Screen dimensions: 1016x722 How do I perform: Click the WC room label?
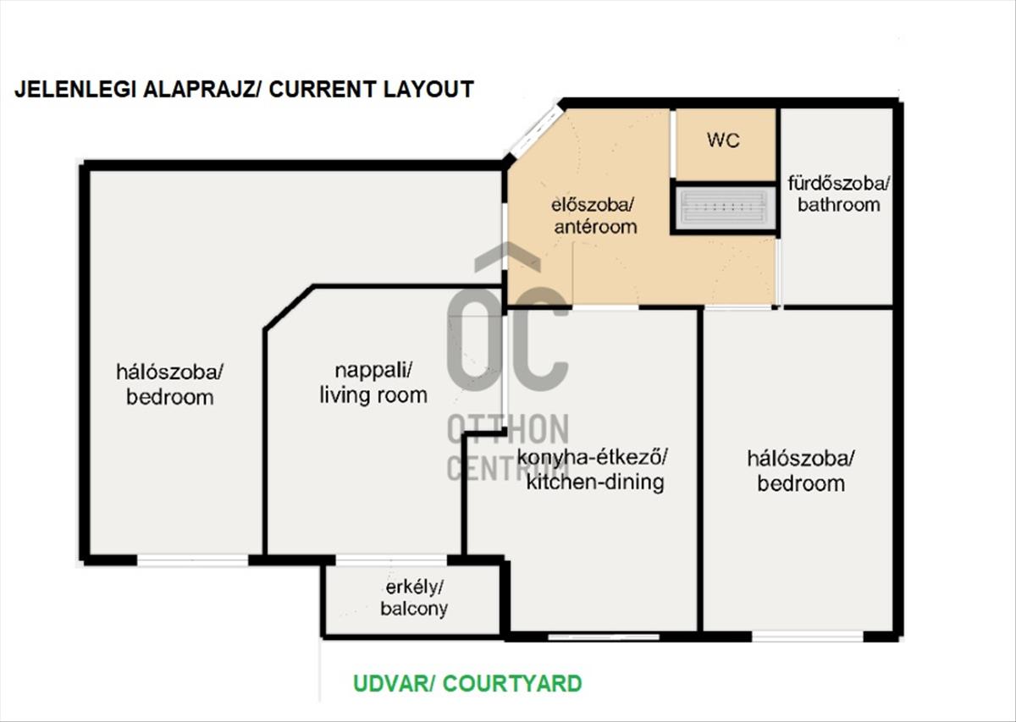point(723,141)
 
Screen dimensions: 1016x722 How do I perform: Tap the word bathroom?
point(839,205)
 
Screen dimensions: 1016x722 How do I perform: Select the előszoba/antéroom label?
point(595,216)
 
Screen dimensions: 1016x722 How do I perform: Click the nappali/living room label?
point(373,383)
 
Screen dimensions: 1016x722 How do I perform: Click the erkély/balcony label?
point(414,598)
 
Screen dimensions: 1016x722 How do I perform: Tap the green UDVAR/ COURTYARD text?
point(467,683)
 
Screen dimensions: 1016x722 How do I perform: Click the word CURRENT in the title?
point(322,89)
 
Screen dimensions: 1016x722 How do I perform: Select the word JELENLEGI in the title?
point(75,89)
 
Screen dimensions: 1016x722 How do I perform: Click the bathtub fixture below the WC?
point(725,208)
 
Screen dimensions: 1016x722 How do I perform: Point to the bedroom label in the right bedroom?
point(801,483)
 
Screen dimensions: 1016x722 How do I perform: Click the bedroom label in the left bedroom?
point(169,397)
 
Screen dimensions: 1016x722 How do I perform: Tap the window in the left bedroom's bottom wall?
point(193,560)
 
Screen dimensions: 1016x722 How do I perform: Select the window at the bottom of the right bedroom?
point(808,636)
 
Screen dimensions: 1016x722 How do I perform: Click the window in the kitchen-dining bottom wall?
point(604,637)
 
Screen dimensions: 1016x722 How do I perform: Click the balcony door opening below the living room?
point(391,560)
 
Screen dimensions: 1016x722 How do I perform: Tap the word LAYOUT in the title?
point(428,89)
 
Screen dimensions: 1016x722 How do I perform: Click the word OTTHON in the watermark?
point(508,429)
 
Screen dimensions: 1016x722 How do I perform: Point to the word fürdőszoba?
point(839,184)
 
